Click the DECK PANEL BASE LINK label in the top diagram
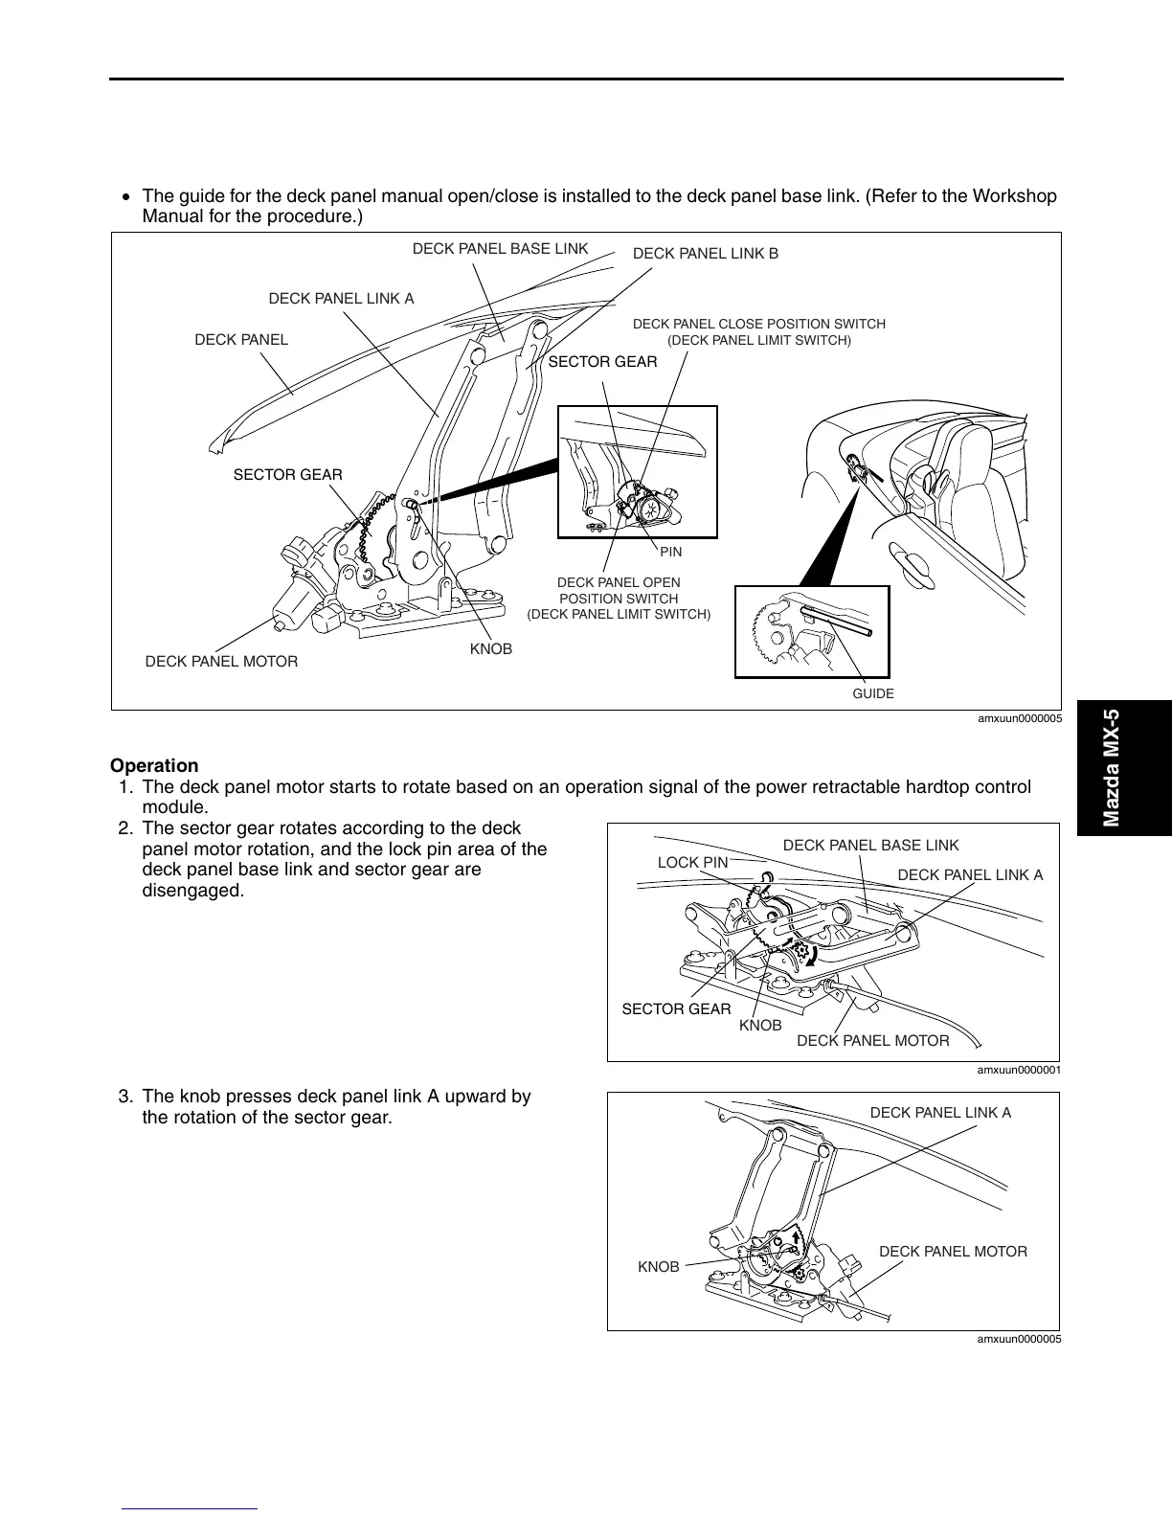click(500, 249)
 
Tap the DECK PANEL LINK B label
click(706, 254)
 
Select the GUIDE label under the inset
click(873, 693)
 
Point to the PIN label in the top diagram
click(670, 553)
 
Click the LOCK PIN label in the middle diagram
click(692, 863)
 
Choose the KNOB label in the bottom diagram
click(659, 1267)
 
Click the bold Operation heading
click(154, 765)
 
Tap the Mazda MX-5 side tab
click(1111, 768)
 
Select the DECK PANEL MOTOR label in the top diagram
click(221, 662)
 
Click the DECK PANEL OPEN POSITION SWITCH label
click(619, 598)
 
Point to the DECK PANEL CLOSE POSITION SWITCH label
click(759, 331)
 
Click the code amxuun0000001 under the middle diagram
click(1019, 1070)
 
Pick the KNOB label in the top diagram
click(491, 649)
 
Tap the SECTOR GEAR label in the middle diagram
click(676, 1009)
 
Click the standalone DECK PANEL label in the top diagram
click(241, 340)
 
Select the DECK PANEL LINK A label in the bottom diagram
click(940, 1113)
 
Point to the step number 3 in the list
click(124, 1097)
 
